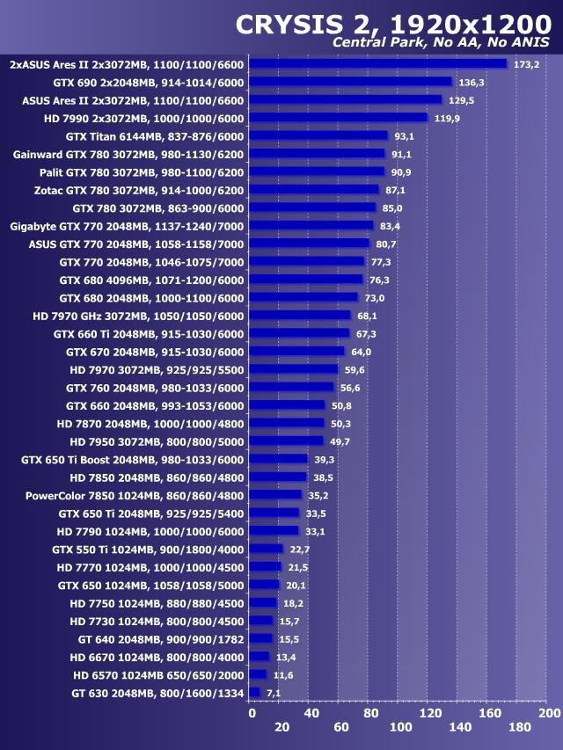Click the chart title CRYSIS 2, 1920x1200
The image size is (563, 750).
[x=392, y=25]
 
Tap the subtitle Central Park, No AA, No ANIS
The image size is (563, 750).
[x=442, y=43]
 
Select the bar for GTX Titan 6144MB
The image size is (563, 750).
[x=318, y=136]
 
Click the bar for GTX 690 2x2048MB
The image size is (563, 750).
[x=350, y=82]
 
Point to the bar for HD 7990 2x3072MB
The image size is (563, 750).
[x=338, y=118]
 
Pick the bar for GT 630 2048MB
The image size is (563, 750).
[x=255, y=693]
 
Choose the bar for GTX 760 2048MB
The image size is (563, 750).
[x=291, y=387]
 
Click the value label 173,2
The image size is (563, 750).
[x=526, y=64]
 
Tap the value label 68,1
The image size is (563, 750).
[x=367, y=316]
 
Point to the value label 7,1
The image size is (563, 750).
[x=273, y=693]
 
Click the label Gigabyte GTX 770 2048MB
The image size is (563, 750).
[x=127, y=226]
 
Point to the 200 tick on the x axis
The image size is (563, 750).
[x=549, y=712]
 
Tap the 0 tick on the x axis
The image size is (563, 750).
[x=252, y=712]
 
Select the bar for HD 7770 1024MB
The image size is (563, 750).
[x=266, y=567]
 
